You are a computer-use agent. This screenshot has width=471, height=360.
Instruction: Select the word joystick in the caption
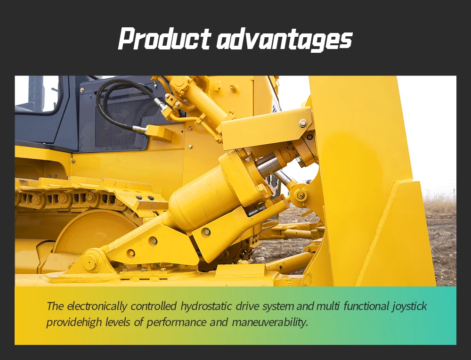pos(409,306)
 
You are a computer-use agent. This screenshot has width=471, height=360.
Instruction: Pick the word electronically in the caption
pos(97,306)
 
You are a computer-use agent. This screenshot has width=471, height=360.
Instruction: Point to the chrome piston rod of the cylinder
pos(268,165)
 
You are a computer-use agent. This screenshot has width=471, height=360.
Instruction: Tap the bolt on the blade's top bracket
pos(303,123)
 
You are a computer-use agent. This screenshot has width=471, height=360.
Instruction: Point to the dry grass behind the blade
pos(440,205)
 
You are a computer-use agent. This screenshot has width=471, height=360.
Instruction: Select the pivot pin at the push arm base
pos(90,262)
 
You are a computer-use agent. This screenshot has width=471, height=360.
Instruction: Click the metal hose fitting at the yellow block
pos(140,129)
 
